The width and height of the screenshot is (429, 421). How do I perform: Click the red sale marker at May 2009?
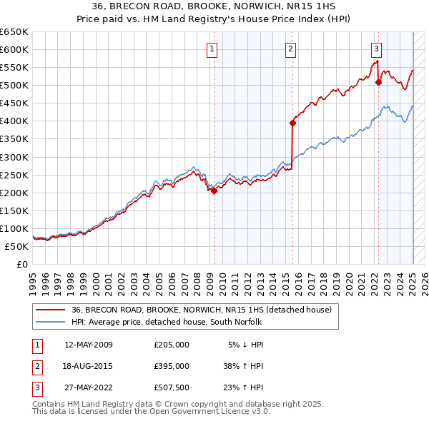click(214, 191)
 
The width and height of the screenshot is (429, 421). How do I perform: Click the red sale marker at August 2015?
click(292, 123)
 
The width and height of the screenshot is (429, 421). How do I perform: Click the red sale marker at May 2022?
click(378, 82)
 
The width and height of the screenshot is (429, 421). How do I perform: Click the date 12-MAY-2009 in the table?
click(88, 345)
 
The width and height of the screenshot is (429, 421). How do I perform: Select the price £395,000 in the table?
click(172, 366)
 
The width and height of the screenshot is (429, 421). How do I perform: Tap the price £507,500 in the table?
click(172, 388)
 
